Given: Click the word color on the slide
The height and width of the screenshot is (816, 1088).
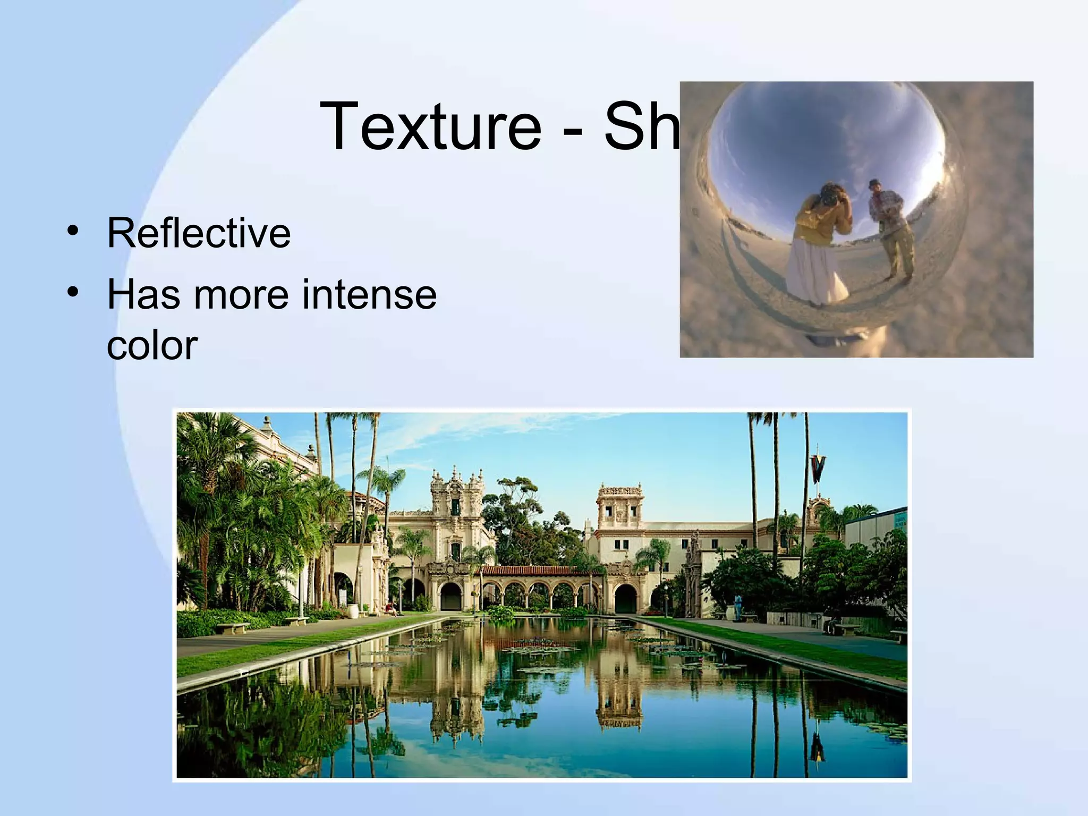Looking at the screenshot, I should [152, 345].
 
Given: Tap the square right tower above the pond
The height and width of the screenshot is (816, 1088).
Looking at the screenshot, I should [620, 505].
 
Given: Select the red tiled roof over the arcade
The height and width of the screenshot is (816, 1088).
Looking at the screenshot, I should [537, 571].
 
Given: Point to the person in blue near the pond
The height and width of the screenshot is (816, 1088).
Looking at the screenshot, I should [738, 606].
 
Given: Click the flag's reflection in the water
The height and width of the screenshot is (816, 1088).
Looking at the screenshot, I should [817, 746].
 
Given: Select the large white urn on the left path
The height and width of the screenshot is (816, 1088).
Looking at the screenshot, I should [352, 611].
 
